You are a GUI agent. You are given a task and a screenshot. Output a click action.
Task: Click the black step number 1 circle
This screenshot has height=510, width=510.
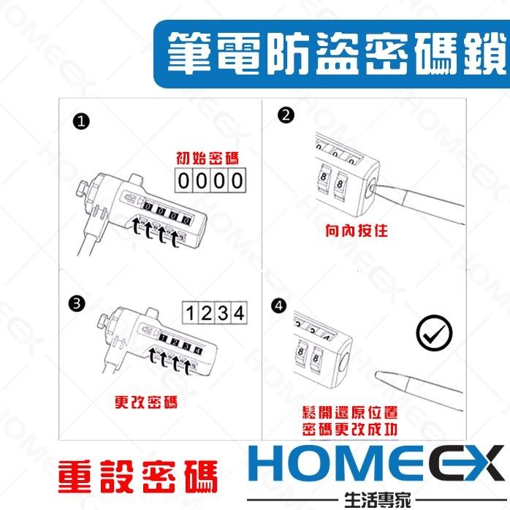coord(81,121)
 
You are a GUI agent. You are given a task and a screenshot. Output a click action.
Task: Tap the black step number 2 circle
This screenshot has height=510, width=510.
coord(286,115)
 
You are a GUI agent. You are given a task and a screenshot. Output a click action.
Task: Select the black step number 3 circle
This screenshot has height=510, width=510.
coord(77,303)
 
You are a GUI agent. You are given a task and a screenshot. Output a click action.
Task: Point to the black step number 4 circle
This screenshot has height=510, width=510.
coord(278,305)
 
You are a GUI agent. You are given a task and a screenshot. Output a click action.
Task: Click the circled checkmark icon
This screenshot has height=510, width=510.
coord(434,332)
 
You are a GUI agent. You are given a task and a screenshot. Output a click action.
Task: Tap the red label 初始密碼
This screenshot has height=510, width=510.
coord(208,159)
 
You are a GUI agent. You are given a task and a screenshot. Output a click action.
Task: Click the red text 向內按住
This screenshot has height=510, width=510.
coord(357,231)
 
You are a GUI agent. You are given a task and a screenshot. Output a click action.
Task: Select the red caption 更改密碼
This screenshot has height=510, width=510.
coord(146,402)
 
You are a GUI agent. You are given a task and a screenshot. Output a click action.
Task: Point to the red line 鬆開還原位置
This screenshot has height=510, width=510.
coord(350,412)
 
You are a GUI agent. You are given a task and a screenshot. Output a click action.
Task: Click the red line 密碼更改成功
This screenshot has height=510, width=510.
coord(350,429)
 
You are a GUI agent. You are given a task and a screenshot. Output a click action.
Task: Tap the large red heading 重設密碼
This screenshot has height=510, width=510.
coord(138,477)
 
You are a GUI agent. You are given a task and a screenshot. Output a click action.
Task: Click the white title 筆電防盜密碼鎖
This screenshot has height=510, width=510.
coord(337,53)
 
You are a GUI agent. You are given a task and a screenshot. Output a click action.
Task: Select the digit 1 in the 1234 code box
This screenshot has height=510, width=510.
coord(190,313)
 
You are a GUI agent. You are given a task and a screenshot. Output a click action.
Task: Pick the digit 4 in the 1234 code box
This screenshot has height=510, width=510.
coord(239,313)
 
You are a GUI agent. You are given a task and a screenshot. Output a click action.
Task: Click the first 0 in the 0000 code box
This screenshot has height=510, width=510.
coord(184,180)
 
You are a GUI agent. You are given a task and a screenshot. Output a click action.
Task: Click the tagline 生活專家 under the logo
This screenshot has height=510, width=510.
coord(377,500)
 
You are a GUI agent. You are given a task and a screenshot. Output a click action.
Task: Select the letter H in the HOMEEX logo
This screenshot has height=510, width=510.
coord(264,463)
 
